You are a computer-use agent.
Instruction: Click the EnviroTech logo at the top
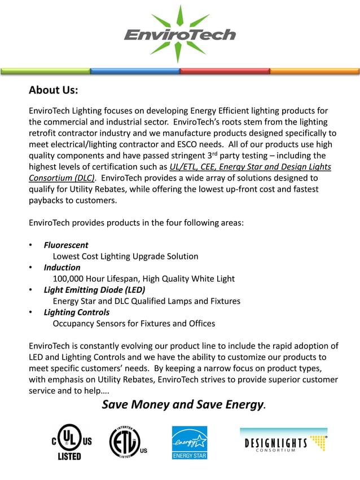pos(179,34)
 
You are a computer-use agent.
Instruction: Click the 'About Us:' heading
pos(53,90)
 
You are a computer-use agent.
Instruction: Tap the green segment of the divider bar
pos(45,72)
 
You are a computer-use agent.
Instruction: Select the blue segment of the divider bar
pos(135,72)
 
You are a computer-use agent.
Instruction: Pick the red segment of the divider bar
pos(225,72)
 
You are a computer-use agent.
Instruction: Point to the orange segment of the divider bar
pos(314,72)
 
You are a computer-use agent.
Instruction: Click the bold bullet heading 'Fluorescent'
pos(66,245)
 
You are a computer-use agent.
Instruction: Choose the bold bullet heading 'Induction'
pos(62,267)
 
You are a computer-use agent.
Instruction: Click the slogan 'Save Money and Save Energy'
pos(182,404)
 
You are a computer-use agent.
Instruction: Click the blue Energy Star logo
pos(190,442)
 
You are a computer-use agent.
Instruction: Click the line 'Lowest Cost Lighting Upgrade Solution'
pos(125,257)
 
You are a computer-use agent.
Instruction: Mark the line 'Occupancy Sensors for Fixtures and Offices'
pos(134,323)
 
